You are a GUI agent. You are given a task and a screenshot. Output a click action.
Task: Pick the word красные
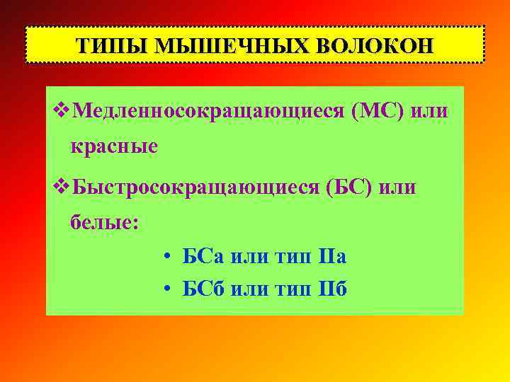click(113, 146)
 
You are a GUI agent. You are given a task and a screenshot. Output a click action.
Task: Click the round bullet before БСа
click(164, 257)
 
